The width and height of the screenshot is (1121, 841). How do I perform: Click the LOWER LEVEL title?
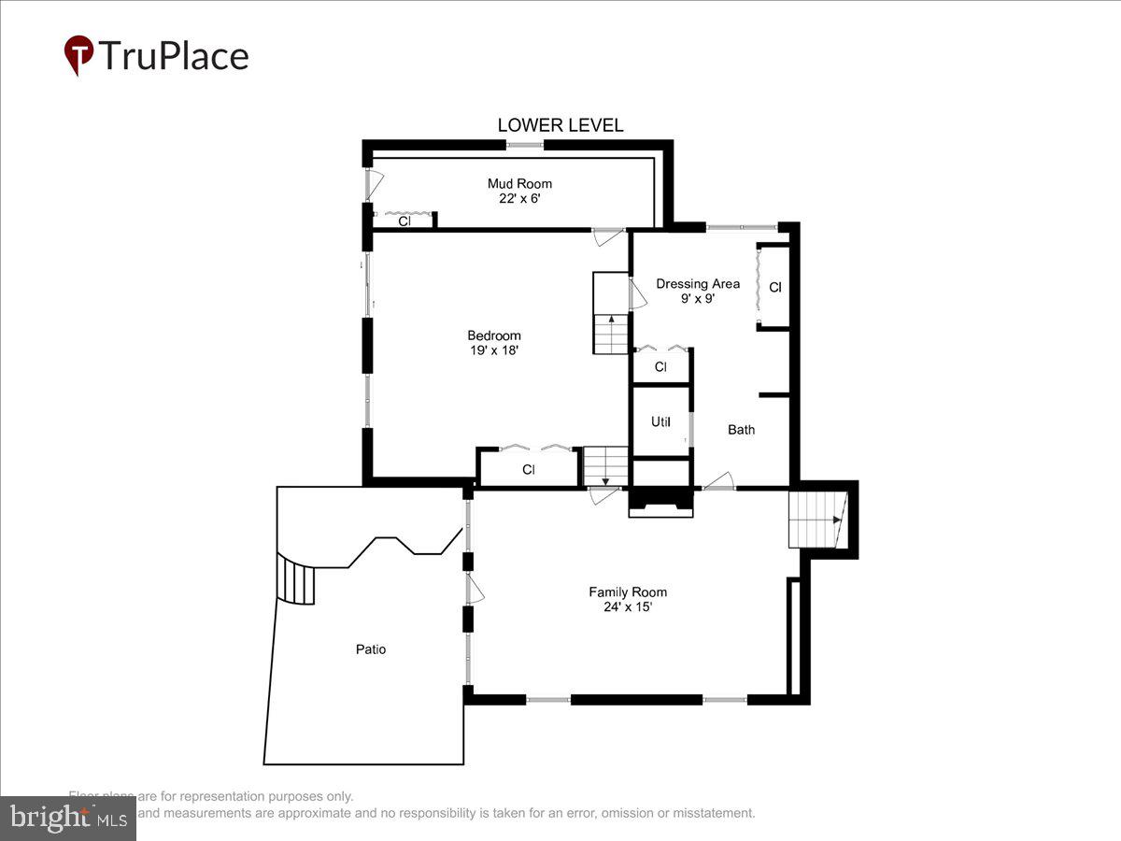coord(560,125)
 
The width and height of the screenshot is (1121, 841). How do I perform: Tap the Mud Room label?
coord(519,184)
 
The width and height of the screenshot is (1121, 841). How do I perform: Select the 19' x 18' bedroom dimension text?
coord(494,350)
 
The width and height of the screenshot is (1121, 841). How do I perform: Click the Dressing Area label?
coord(698,284)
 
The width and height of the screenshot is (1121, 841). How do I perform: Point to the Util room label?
coord(660,422)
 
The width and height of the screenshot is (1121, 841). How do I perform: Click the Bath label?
coord(742,430)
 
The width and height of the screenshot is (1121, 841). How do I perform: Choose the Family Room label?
coord(628,592)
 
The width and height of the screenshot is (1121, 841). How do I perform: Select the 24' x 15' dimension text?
coord(628,606)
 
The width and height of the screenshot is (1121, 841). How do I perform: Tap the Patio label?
coord(370,649)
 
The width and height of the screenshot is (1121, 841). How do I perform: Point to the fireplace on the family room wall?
coord(661,503)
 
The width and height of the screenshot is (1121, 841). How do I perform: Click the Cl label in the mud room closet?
coord(404,222)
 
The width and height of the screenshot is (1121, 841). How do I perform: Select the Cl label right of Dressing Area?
coord(774,288)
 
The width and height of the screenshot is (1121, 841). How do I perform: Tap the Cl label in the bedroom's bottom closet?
coord(528,470)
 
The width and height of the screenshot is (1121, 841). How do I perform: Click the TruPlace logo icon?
coord(78,55)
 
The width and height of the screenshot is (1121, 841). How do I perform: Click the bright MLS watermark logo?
coord(67,819)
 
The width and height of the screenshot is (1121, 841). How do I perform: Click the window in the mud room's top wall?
coord(525,145)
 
